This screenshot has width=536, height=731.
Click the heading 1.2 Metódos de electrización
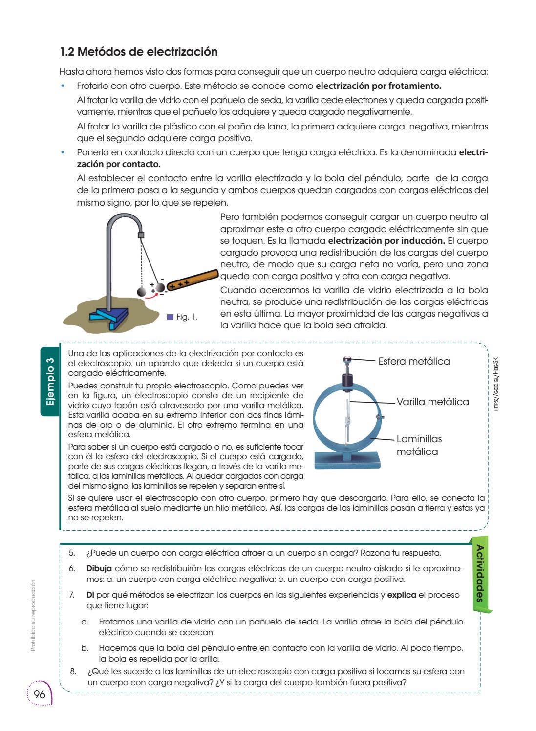pos(139,52)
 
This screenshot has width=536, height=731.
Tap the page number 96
pos(40,694)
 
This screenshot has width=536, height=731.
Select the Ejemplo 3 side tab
pos(50,382)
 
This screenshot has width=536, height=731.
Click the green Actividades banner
pos(480,574)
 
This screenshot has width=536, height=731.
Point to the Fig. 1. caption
pos(187,317)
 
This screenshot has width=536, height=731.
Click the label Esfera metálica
pos(414,361)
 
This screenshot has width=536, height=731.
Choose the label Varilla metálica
pos(432,402)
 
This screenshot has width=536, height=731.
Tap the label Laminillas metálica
pos(419,445)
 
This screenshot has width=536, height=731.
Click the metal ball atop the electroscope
pos(346,361)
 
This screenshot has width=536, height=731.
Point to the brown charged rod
pos(193,280)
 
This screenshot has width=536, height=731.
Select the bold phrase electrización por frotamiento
pos(378,86)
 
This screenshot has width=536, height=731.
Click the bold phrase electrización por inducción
pos(386,241)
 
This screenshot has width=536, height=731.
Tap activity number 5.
pos(72,553)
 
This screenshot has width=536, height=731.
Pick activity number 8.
pos(73,671)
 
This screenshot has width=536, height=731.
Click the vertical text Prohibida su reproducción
pos(33,615)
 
